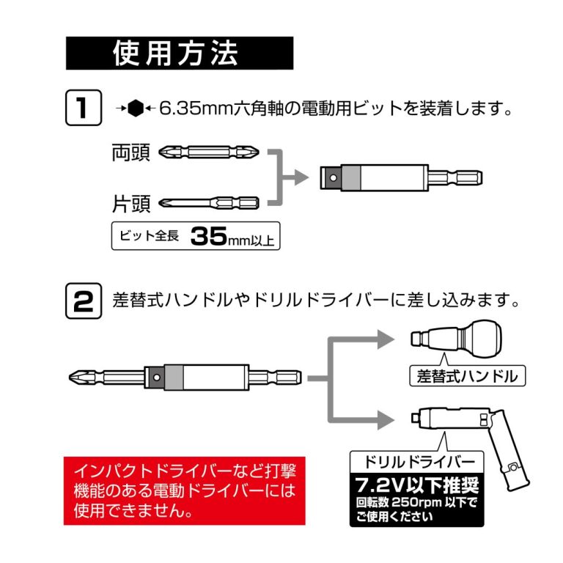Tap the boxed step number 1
[82, 108]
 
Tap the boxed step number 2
[82, 301]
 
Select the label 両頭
[130, 153]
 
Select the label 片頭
[130, 202]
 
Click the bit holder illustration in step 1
[403, 177]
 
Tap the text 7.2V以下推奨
[414, 485]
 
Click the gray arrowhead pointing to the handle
[387, 339]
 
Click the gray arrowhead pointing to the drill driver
[387, 420]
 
